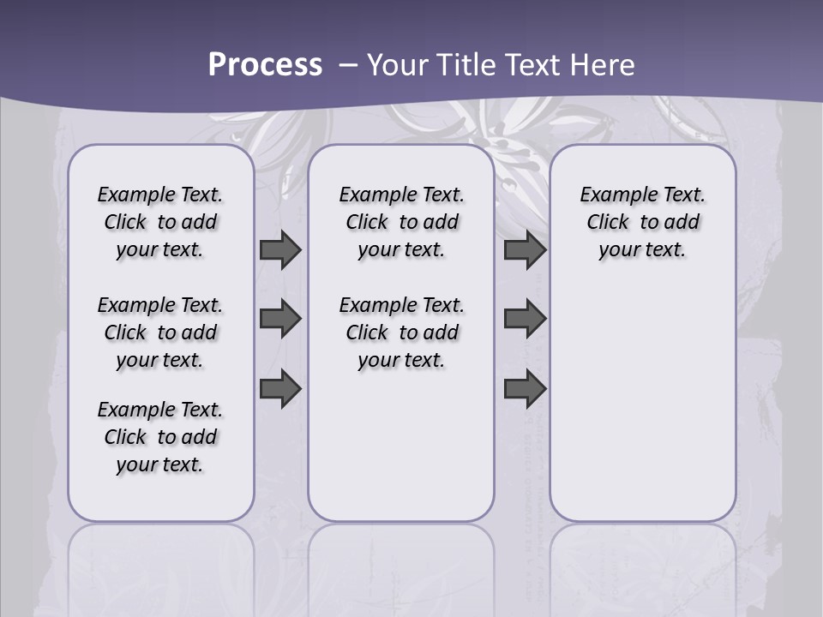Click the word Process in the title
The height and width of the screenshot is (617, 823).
click(x=265, y=64)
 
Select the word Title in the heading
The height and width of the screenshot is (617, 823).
click(x=467, y=65)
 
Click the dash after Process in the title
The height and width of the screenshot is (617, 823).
click(x=347, y=65)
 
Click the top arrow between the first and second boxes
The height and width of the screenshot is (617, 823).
click(x=280, y=250)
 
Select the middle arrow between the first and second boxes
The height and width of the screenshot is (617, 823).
click(x=280, y=319)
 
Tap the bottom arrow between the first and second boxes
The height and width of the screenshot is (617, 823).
click(x=280, y=389)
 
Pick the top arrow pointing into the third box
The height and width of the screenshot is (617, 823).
click(x=525, y=250)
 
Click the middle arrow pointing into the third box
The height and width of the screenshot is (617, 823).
click(x=525, y=319)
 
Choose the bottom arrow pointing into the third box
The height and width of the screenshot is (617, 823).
click(x=525, y=389)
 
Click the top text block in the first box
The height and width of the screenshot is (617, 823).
click(x=160, y=222)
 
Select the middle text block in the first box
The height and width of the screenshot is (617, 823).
click(x=160, y=332)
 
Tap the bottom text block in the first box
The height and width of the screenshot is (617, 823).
click(x=160, y=437)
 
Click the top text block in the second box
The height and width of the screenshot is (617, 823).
click(x=401, y=222)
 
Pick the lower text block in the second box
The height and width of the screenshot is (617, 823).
click(x=401, y=332)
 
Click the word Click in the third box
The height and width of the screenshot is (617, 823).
click(x=608, y=223)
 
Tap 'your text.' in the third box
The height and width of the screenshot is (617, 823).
click(x=642, y=250)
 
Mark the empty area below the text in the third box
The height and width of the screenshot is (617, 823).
click(x=643, y=394)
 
